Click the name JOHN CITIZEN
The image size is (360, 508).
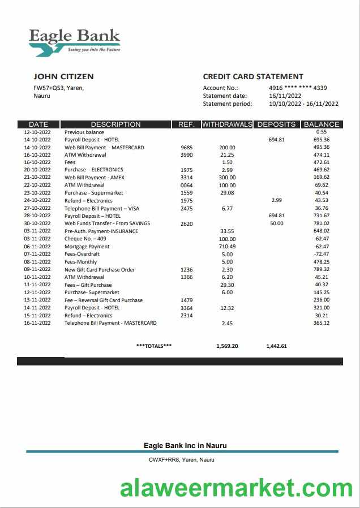pyautogui.click(x=63, y=76)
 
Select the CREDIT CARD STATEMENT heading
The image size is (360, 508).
pyautogui.click(x=253, y=76)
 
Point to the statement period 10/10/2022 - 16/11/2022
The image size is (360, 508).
pyautogui.click(x=304, y=104)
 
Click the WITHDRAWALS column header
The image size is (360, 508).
pyautogui.click(x=227, y=124)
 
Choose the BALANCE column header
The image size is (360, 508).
pyautogui.click(x=322, y=124)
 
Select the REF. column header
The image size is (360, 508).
pyautogui.click(x=186, y=124)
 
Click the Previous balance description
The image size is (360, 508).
pyautogui.click(x=84, y=132)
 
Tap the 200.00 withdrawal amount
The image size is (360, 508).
pyautogui.click(x=227, y=148)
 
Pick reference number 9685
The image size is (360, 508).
pyautogui.click(x=186, y=148)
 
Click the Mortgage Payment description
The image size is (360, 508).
pyautogui.click(x=87, y=247)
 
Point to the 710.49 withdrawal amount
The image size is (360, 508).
pyautogui.click(x=227, y=247)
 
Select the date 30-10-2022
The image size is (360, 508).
pyautogui.click(x=37, y=223)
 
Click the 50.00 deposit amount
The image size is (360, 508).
pyautogui.click(x=277, y=223)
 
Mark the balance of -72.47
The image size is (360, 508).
pyautogui.click(x=322, y=254)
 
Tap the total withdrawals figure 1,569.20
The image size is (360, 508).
pyautogui.click(x=227, y=346)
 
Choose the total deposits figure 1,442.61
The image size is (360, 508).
pyautogui.click(x=276, y=346)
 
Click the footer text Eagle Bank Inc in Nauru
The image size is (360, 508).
pyautogui.click(x=185, y=446)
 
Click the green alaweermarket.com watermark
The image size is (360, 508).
pyautogui.click(x=236, y=488)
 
